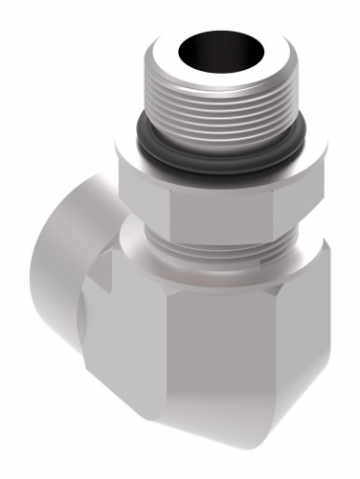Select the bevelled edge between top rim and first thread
(206, 76)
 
